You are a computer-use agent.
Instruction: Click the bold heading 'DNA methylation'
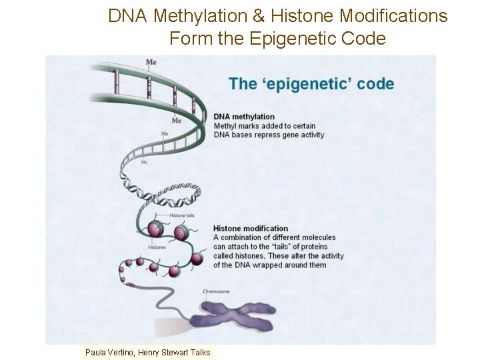[244, 117]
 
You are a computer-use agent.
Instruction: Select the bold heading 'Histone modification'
[251, 229]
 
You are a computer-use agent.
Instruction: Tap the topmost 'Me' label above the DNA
[151, 62]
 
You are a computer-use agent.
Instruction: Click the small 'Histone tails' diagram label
[181, 215]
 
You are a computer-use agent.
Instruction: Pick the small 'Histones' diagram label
[157, 247]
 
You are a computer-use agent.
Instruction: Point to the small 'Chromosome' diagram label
[216, 291]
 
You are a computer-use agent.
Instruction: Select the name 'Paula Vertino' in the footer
[109, 353]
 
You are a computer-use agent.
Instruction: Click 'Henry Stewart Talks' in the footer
[174, 353]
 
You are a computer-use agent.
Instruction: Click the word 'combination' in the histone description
[244, 237]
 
